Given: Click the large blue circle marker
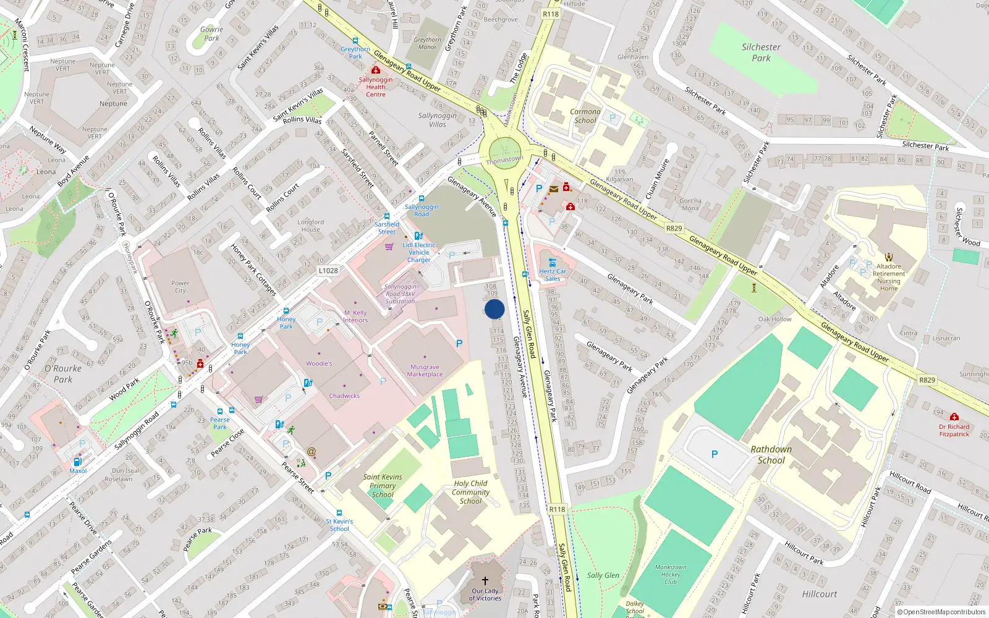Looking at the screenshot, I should click(494, 309).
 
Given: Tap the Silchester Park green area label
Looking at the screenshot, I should click(761, 53).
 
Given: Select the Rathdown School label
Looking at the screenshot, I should click(771, 455).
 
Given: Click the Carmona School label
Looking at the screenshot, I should click(585, 116).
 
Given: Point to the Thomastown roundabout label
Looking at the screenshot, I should click(504, 160).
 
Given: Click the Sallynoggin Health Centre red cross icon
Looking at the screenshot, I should click(375, 70).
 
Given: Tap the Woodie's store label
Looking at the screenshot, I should click(319, 363).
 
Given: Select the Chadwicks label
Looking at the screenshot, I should click(344, 396).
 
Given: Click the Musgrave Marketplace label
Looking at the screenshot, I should click(425, 371).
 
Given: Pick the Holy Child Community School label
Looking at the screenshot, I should click(470, 492).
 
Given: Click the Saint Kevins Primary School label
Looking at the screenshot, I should click(383, 486).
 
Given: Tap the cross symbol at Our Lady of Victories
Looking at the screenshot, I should click(485, 581).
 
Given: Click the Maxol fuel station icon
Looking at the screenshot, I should click(77, 462).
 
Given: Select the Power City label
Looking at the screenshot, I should click(180, 287).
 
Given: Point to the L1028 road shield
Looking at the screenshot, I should click(328, 271).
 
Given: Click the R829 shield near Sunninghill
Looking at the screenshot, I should click(927, 380).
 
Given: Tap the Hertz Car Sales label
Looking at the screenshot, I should click(552, 275).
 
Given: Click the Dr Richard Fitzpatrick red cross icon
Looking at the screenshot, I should click(954, 417).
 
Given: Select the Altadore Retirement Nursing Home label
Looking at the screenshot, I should click(889, 277).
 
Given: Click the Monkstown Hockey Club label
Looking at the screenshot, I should click(670, 574).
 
